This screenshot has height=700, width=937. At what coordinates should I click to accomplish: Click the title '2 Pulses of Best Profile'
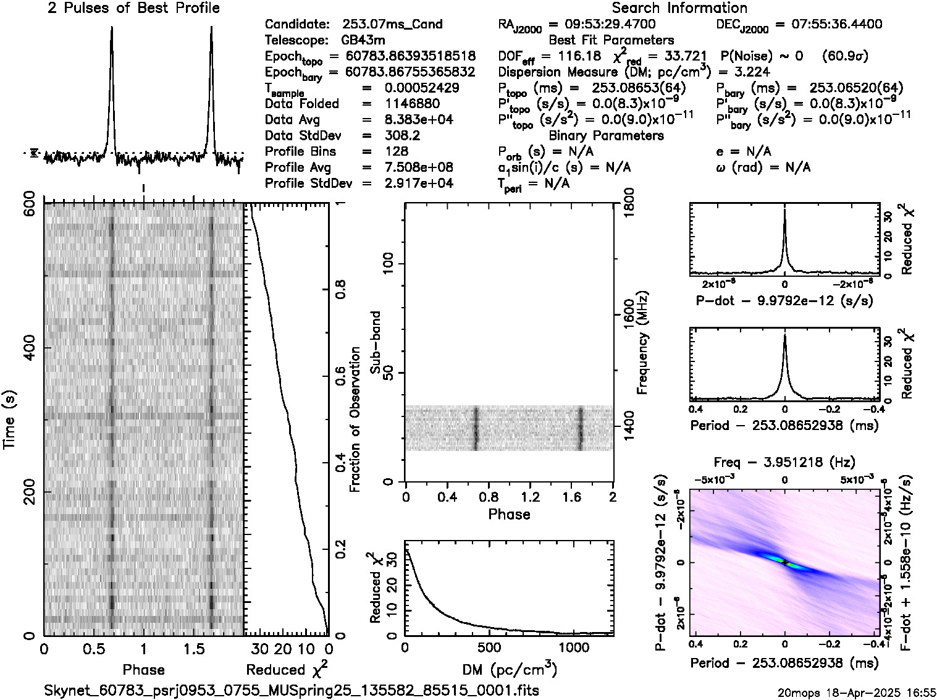133,8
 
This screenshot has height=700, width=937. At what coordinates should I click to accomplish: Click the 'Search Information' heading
679,8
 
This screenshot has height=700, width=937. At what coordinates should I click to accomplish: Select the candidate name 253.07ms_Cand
392,24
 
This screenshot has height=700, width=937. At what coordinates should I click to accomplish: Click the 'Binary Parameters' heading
606,135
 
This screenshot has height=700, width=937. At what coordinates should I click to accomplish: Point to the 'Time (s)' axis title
11,420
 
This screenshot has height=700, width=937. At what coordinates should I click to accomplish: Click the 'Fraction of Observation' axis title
355,420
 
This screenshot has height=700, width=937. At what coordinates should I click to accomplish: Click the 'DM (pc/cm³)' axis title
510,670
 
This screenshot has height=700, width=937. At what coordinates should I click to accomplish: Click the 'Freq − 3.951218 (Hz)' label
784,462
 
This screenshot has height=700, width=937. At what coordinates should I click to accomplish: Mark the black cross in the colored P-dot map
784,563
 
